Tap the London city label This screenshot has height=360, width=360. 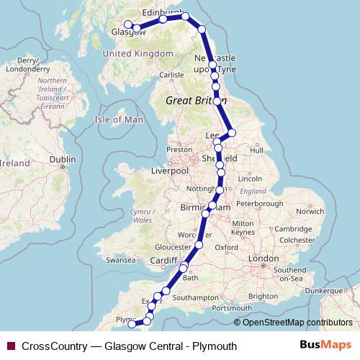[x=263, y=258]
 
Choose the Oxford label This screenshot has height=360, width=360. [x=226, y=247]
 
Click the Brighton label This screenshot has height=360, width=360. [x=262, y=296]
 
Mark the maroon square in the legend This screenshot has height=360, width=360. [x=11, y=346]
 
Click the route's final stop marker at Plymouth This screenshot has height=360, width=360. [x=132, y=324]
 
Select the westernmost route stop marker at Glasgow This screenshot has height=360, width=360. [x=128, y=24]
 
